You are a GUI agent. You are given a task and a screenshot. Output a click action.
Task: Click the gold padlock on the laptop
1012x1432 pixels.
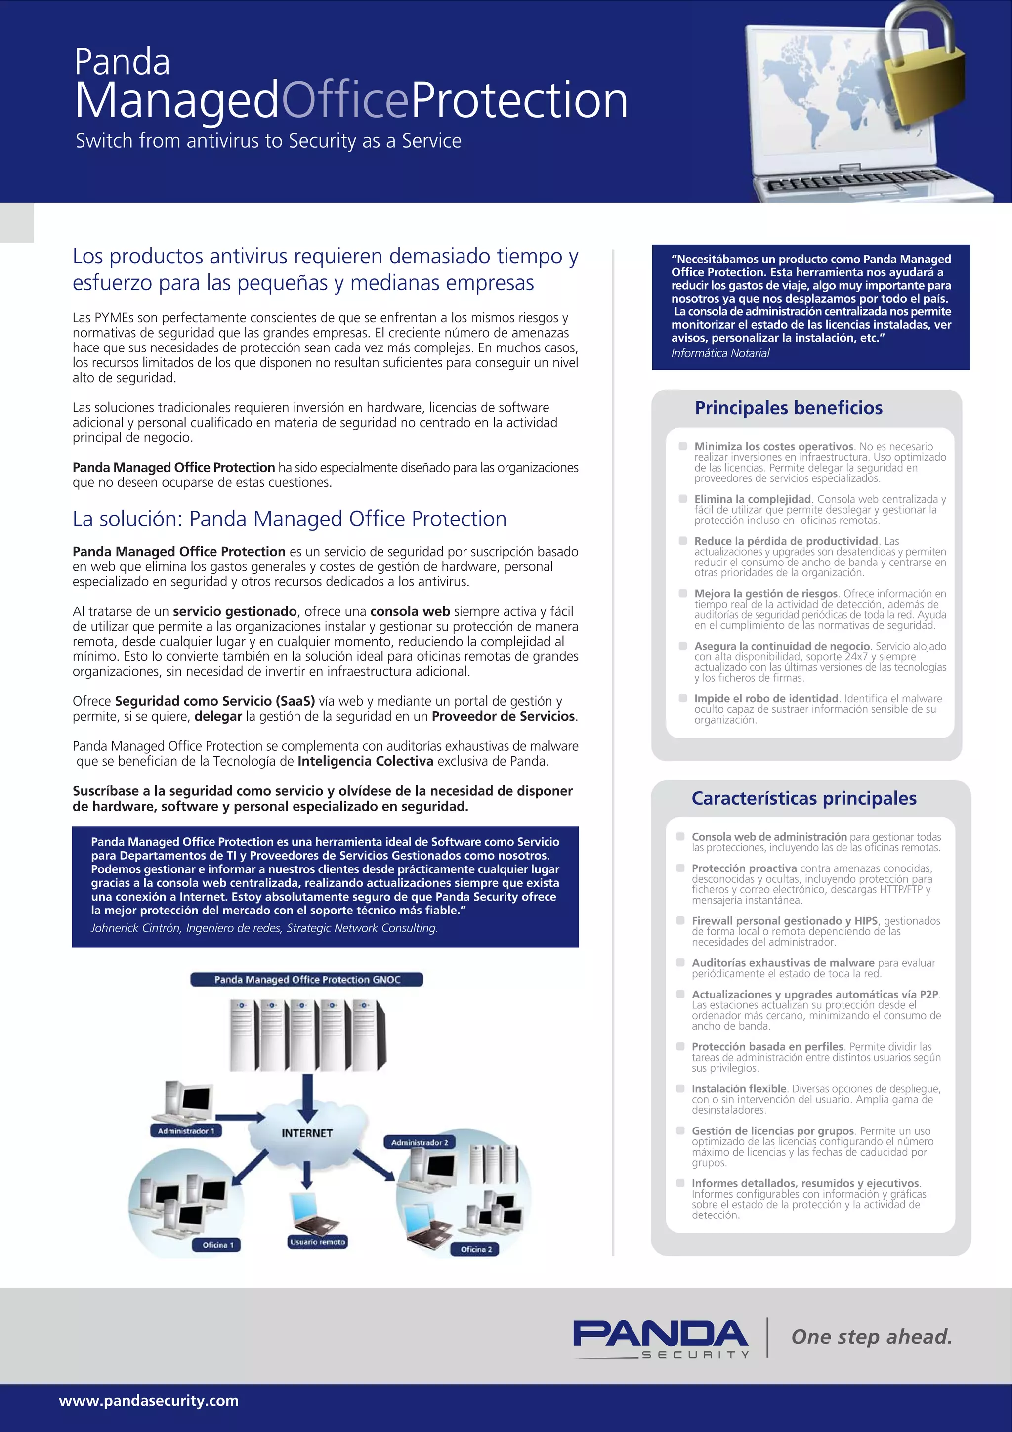point(929,87)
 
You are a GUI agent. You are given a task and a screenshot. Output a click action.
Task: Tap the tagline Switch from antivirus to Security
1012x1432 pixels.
point(268,141)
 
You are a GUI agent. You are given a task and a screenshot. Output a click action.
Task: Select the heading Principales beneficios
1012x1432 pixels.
point(788,408)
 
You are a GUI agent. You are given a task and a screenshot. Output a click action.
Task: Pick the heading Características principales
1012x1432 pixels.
point(804,798)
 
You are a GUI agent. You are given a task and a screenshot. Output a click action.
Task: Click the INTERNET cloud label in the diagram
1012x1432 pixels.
point(307,1133)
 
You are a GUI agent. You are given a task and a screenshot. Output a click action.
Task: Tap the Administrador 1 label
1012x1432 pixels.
point(186,1131)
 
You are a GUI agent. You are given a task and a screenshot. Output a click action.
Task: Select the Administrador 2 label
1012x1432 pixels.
point(420,1142)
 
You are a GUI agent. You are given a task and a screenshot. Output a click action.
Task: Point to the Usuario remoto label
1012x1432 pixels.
point(317,1242)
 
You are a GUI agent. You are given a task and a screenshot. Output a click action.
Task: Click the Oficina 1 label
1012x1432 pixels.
point(217,1245)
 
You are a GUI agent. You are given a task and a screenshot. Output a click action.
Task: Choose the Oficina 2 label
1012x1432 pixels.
point(476,1249)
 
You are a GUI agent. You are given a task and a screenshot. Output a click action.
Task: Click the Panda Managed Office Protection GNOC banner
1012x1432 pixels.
point(307,979)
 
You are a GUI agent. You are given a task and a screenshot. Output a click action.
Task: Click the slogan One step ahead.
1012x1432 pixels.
point(871,1337)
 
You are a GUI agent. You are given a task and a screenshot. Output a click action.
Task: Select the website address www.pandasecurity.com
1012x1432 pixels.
point(148,1400)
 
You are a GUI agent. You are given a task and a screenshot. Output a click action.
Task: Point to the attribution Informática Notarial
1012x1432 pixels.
point(720,353)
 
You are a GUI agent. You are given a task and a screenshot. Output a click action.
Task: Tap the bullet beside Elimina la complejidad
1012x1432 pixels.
point(683,499)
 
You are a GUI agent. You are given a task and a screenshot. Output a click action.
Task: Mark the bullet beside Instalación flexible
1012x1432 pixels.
point(680,1088)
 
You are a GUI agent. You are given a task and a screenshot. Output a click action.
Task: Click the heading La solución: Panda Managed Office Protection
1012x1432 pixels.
point(290,519)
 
